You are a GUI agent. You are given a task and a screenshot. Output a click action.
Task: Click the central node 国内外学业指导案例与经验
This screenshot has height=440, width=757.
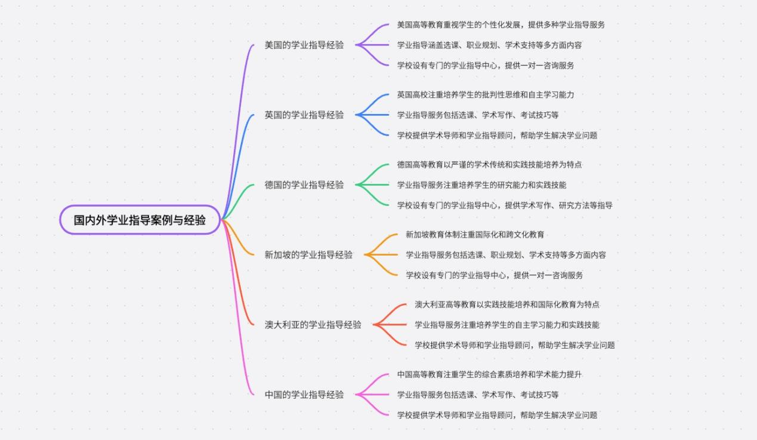coord(140,220)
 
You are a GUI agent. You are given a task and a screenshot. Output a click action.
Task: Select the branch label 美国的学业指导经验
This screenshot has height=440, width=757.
coord(304,45)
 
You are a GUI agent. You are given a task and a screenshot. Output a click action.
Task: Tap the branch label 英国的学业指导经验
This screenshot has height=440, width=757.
coord(304,115)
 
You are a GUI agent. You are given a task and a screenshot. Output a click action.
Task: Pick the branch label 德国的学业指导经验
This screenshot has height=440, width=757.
coord(304,184)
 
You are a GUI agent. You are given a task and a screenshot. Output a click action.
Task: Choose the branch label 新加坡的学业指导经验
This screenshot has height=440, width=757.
coord(308,255)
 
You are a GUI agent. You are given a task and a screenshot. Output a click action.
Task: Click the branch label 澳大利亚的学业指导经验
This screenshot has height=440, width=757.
coord(313,325)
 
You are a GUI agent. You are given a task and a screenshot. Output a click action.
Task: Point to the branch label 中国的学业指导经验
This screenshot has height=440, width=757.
coord(304,395)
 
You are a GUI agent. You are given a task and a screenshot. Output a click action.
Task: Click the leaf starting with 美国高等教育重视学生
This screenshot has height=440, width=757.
coord(501,24)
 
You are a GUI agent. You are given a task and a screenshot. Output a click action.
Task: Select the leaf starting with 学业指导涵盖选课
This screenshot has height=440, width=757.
coord(489,45)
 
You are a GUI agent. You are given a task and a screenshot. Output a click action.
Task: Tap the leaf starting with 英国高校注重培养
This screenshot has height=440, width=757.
coord(486,94)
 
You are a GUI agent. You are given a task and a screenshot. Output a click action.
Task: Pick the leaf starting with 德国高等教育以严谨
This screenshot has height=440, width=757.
coord(489,164)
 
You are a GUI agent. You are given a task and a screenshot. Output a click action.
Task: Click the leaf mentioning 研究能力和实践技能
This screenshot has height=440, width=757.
coord(481,185)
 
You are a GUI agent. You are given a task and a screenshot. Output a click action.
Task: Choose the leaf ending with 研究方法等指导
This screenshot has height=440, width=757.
coord(505,205)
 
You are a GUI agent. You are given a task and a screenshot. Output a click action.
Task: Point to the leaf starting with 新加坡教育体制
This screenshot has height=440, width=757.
coord(474,235)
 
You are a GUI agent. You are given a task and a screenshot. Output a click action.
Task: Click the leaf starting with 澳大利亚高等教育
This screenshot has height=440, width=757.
coord(506,304)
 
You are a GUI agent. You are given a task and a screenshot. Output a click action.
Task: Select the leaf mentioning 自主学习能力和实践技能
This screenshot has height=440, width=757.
coord(506,325)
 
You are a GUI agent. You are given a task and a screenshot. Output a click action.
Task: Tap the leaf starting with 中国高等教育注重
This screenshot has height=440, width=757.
coord(489,374)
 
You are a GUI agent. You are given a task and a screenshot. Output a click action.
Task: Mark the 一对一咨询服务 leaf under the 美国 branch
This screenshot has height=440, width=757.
coord(486,66)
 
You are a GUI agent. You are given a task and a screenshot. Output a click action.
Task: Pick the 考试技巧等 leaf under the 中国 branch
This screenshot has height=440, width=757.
coord(478,395)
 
